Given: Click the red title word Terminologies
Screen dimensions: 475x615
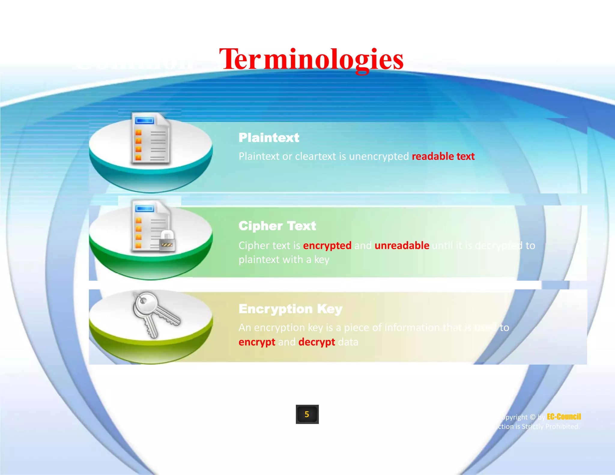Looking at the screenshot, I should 311,59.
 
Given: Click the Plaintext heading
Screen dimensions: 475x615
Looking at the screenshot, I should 269,138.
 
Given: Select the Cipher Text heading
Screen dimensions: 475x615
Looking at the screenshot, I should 277,226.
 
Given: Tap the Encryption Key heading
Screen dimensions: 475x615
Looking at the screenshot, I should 290,309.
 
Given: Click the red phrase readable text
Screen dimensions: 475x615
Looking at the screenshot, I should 443,156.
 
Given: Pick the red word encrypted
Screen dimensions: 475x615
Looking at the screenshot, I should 327,246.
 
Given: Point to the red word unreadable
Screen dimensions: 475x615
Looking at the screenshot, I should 402,246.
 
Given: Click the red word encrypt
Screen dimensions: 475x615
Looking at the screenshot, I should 257,342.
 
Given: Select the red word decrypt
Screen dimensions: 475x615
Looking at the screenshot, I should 317,342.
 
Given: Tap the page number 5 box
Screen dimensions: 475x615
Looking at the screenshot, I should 307,414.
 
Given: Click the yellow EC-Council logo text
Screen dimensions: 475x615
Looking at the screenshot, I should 564,417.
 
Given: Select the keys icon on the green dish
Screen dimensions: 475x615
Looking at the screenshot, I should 155,314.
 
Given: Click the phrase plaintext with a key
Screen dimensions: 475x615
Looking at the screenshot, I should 284,260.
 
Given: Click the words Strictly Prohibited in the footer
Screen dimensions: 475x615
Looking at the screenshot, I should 550,427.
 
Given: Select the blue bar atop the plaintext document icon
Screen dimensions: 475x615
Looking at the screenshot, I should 145,121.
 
